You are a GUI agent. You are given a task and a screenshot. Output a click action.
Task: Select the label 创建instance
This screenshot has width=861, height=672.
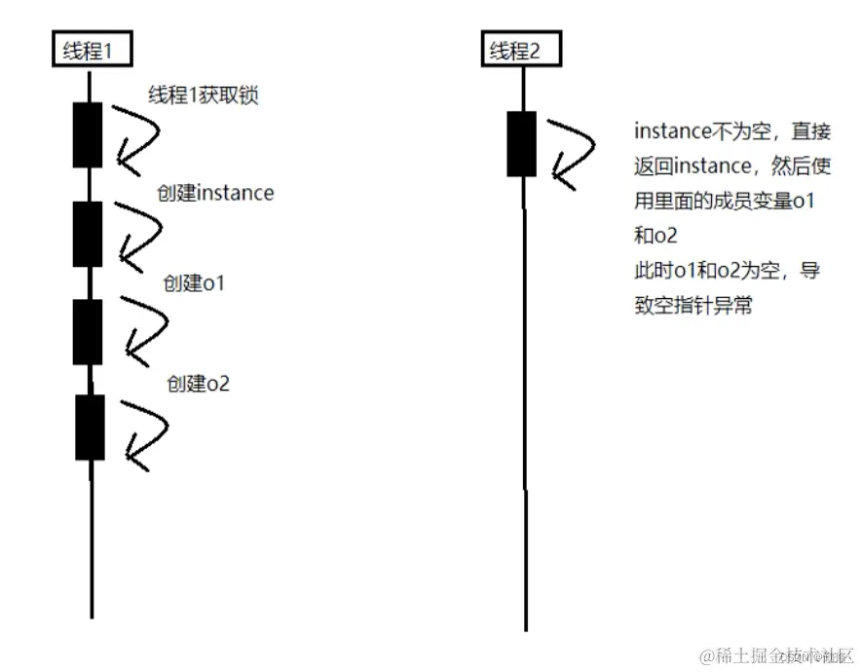(215, 193)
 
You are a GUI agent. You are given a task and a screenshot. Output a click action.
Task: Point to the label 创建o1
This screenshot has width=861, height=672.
(196, 283)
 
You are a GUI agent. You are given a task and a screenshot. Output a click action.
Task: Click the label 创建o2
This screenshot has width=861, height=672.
(198, 383)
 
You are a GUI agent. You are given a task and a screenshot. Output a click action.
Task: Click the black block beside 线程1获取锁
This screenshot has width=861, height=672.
(88, 134)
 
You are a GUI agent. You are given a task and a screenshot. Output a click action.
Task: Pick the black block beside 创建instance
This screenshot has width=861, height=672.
(88, 234)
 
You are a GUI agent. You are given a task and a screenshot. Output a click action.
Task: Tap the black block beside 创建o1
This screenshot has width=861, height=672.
(88, 332)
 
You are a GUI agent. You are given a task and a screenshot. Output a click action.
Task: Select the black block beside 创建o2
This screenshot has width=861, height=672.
(90, 427)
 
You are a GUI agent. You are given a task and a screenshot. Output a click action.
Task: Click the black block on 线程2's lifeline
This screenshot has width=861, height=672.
(522, 144)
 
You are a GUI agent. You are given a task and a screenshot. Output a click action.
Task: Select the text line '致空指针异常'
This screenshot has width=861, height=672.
(693, 306)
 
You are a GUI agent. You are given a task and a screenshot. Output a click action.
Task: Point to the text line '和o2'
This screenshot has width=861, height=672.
(655, 236)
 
